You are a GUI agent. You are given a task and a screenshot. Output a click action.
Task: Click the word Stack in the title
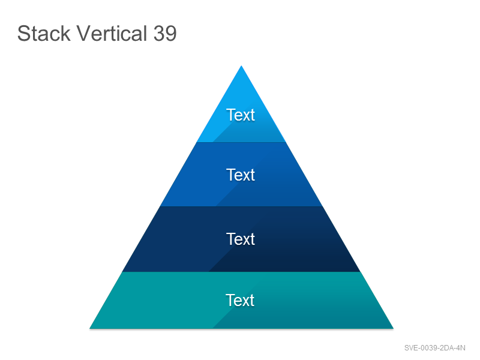point(44,33)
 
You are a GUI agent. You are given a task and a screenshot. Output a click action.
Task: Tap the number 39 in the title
point(165,33)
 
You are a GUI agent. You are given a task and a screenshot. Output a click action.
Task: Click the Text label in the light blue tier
point(241,115)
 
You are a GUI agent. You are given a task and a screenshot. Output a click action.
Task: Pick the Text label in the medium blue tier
point(241,175)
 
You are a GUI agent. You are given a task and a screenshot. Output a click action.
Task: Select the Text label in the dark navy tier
point(241,239)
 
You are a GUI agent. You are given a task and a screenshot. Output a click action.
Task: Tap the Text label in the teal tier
point(240,301)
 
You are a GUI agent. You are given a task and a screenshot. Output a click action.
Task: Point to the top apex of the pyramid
point(241,65)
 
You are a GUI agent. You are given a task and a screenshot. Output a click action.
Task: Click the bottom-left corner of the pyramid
point(89,328)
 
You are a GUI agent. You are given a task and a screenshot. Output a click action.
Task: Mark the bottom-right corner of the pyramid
point(394,328)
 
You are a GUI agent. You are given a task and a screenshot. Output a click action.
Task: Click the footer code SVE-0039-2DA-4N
point(434,348)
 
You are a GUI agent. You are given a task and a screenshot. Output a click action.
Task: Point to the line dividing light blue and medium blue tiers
point(241,142)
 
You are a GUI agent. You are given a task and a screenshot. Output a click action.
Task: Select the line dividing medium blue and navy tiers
point(241,206)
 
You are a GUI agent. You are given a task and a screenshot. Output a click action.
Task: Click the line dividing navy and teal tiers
point(241,272)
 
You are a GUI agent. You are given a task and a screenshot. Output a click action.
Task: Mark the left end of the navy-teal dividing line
point(122,272)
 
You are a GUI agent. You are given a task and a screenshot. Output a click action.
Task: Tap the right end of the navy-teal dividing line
point(361,272)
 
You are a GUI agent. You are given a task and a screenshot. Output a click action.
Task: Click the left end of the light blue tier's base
point(197,142)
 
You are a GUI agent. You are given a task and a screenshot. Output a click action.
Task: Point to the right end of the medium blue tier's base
point(323,206)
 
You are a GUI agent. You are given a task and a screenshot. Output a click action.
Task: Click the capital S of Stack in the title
point(23,33)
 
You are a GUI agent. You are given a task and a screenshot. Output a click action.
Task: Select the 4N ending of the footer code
point(461,348)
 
